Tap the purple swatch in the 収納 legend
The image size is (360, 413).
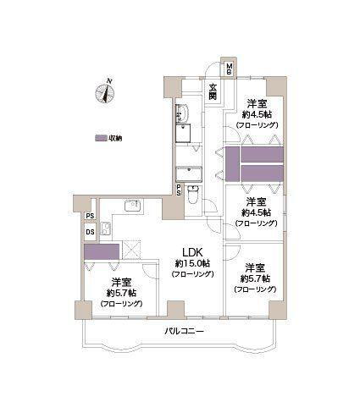101,138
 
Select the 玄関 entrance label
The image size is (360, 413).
213,94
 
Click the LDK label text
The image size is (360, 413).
190,251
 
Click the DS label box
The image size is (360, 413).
89,233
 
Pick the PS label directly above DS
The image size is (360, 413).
89,216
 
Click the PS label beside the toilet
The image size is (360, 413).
178,191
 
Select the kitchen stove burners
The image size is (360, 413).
107,229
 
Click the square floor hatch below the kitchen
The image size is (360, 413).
131,249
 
